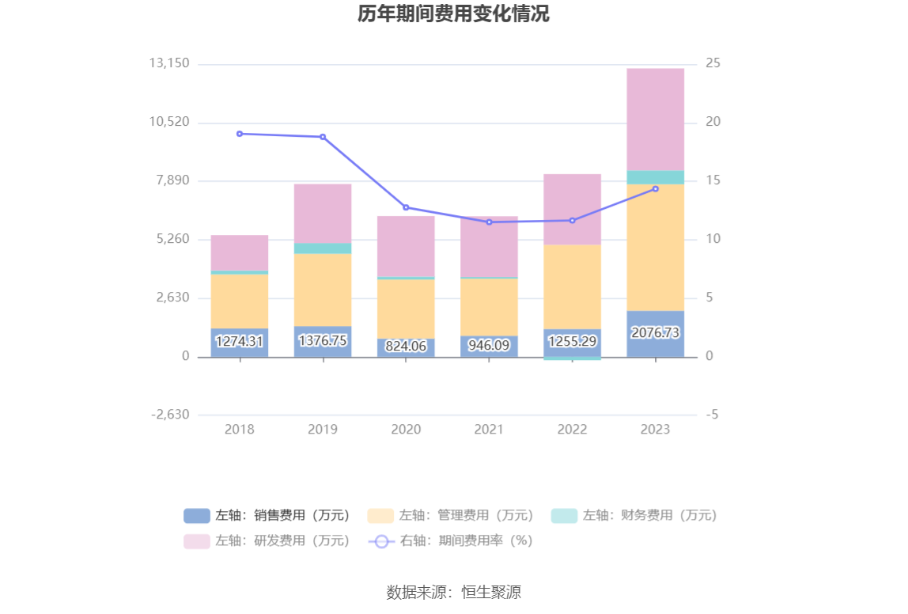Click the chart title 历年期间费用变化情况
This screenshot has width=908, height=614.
click(453, 14)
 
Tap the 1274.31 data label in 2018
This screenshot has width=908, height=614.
click(239, 341)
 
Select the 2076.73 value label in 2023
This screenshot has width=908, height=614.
click(655, 333)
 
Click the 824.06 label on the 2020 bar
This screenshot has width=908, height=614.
click(406, 346)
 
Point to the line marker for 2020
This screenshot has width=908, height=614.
click(406, 207)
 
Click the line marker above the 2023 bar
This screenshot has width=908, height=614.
click(655, 189)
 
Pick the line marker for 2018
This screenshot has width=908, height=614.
click(240, 134)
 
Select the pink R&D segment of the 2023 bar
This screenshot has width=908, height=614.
click(655, 119)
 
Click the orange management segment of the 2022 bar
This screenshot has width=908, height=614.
click(572, 286)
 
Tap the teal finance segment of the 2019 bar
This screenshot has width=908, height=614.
click(323, 248)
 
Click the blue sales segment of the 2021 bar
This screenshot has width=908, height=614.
click(489, 346)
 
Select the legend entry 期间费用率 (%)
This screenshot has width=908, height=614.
click(451, 541)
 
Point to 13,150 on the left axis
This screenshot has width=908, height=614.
click(169, 63)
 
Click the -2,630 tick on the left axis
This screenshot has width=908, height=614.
click(169, 415)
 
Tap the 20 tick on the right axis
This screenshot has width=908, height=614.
click(713, 122)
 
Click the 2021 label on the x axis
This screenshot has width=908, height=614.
click(489, 430)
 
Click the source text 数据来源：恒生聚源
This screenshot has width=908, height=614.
click(453, 592)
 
